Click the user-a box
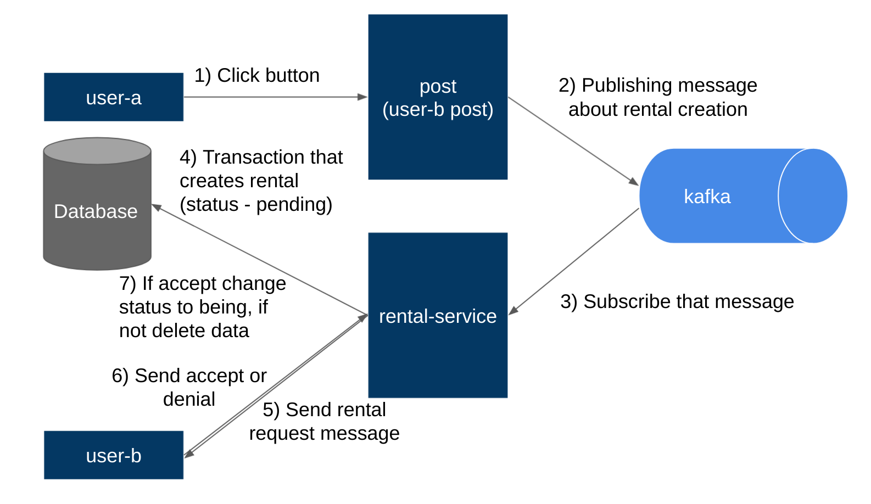[113, 97]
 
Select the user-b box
[113, 455]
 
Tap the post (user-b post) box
[437, 97]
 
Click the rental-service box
[437, 316]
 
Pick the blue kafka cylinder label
[707, 197]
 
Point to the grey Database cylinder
[97, 211]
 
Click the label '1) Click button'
[257, 75]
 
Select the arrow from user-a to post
[275, 97]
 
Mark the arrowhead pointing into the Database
[157, 208]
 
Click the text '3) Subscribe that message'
[677, 301]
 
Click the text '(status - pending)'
[256, 204]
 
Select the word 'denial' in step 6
[189, 399]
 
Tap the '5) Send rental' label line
[324, 410]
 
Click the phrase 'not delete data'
[184, 331]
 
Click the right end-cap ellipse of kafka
[813, 196]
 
